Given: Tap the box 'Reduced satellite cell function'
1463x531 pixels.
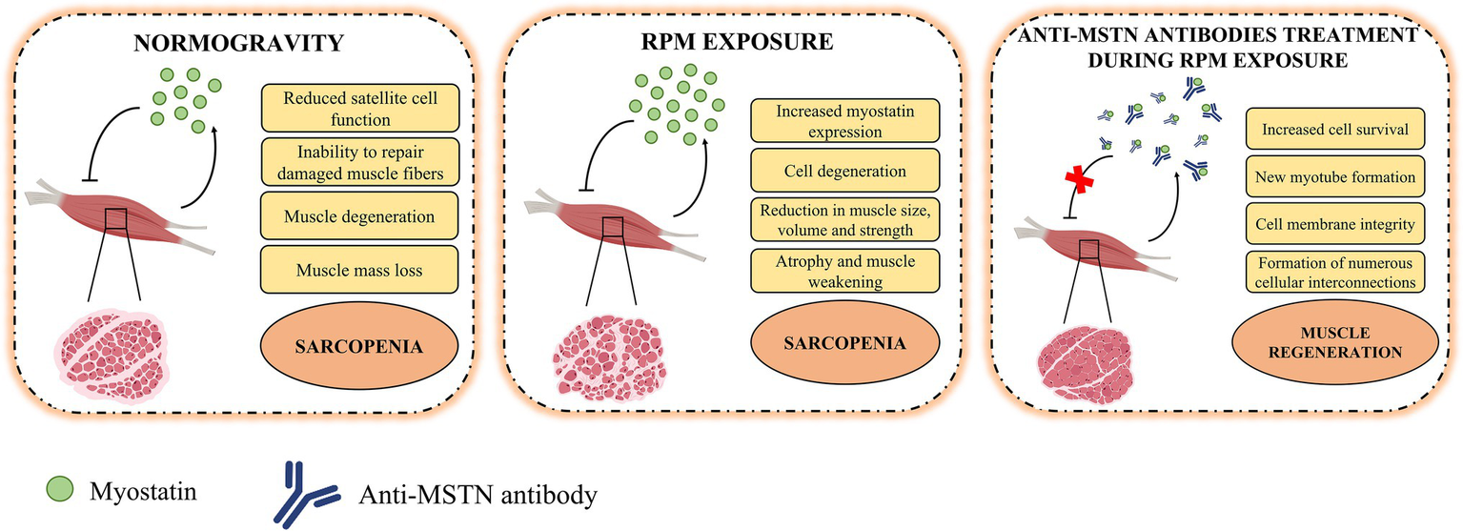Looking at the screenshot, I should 359,108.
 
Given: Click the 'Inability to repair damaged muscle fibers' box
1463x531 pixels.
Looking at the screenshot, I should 359,162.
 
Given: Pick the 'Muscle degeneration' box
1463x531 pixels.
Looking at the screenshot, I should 359,216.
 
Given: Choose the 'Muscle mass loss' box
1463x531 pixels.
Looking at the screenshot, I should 359,271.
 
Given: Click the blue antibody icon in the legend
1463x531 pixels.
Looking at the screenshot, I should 306,494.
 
